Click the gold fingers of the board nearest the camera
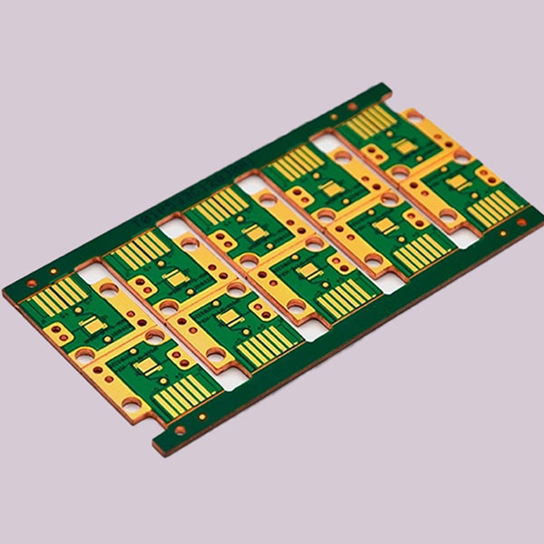click(184, 393)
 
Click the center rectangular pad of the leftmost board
click(90, 323)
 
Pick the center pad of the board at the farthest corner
click(400, 144)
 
